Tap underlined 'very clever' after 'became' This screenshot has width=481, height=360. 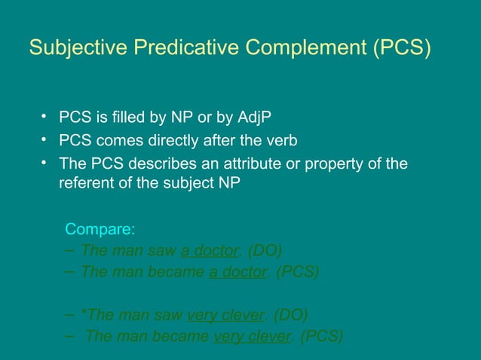252,336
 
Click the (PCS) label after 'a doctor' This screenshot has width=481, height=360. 297,272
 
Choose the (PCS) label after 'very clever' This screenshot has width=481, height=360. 321,336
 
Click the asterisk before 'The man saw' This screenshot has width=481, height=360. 84,313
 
